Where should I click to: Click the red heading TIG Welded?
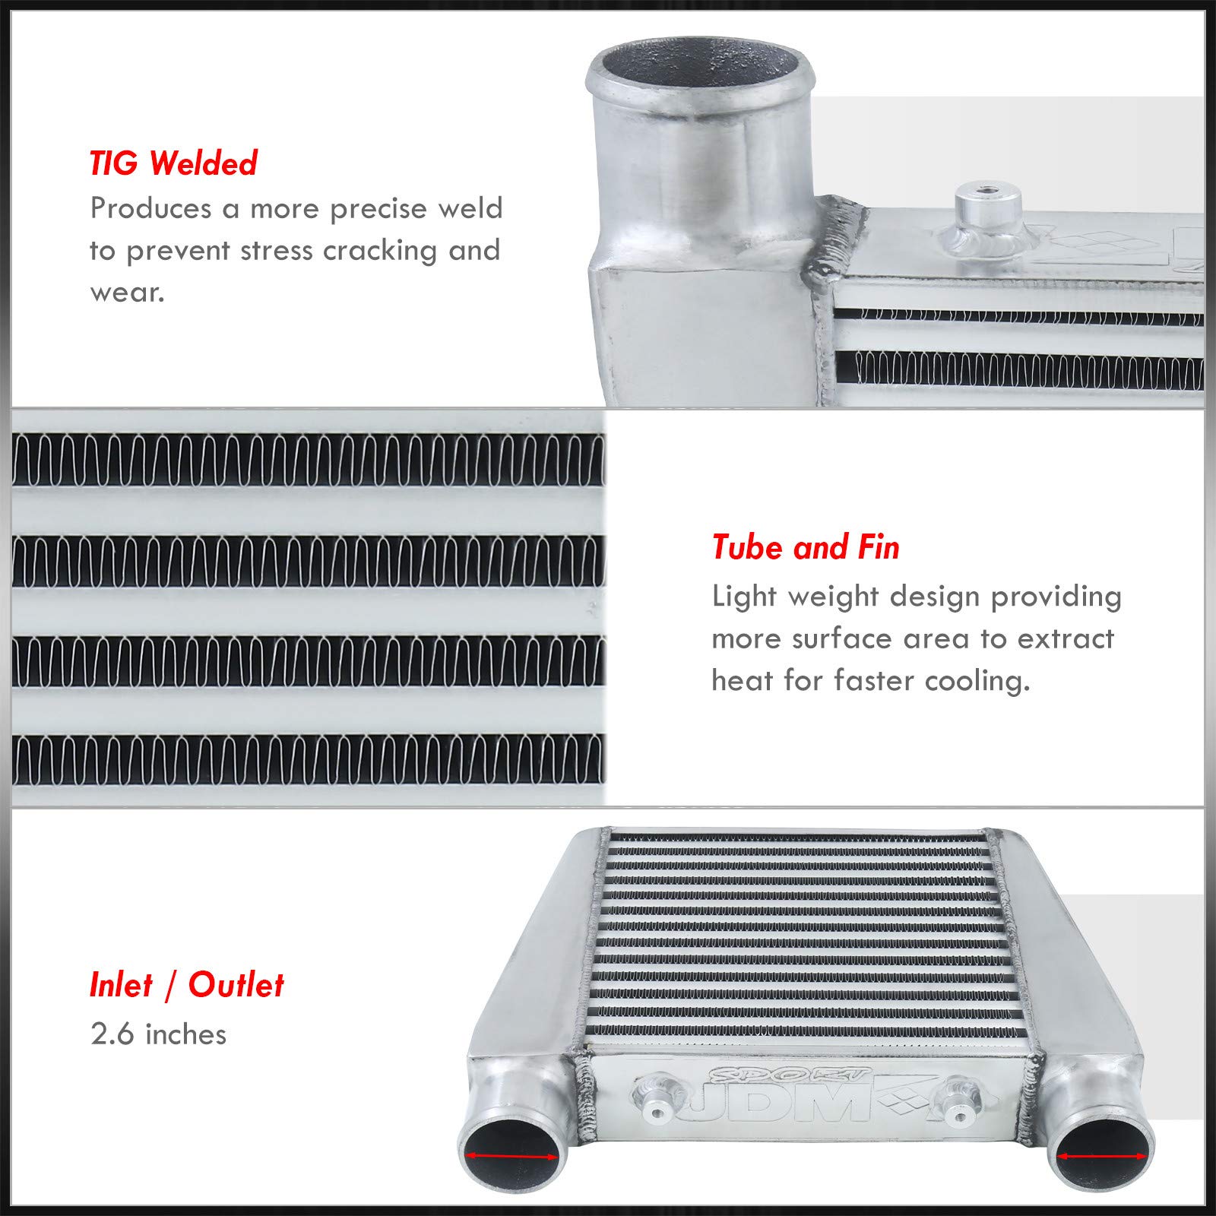173,163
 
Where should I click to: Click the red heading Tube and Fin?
806,548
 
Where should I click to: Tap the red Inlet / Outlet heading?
186,985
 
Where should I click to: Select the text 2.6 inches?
158,1034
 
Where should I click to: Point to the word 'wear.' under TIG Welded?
127,293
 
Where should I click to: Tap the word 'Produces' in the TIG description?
150,209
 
